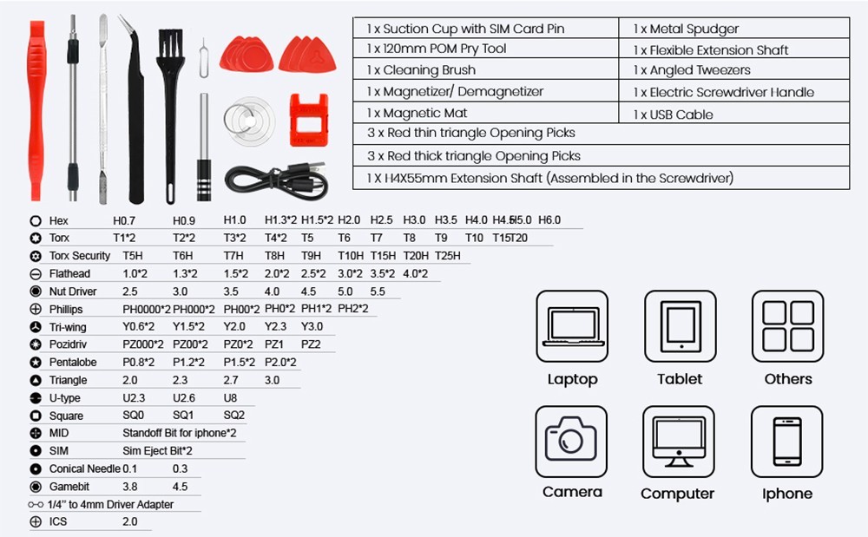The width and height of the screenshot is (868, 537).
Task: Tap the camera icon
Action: pos(571,441)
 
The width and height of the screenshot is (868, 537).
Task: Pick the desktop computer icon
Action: pos(678,441)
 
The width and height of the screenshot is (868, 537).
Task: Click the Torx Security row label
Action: pos(80,256)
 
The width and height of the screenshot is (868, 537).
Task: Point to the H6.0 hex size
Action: pos(549,220)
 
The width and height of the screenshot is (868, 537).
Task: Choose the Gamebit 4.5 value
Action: pos(181,487)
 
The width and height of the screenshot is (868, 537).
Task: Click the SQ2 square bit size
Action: pos(234,416)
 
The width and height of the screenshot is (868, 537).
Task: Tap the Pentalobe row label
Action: pos(73,363)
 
